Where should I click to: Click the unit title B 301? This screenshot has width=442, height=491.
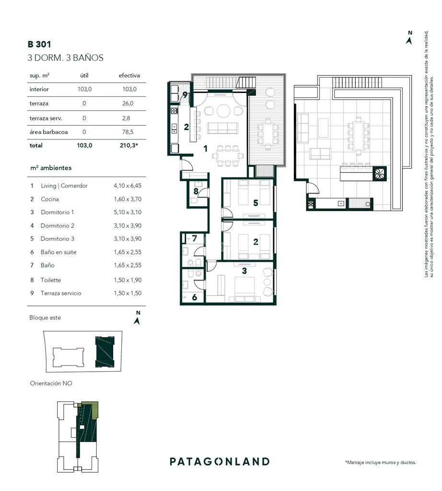pyautogui.click(x=39, y=44)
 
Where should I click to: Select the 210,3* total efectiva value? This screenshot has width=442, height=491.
pyautogui.click(x=129, y=145)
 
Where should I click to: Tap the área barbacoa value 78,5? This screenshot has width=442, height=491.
pyautogui.click(x=128, y=132)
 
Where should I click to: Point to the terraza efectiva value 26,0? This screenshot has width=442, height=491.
pyautogui.click(x=128, y=104)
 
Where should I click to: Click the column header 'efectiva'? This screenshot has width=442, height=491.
pyautogui.click(x=129, y=75)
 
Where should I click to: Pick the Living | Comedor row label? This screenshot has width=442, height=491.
pyautogui.click(x=64, y=186)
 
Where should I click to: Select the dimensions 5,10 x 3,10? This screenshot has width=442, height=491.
pyautogui.click(x=128, y=212)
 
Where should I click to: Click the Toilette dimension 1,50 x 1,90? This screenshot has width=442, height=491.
pyautogui.click(x=128, y=280)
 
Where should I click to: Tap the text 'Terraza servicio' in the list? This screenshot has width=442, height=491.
pyautogui.click(x=61, y=293)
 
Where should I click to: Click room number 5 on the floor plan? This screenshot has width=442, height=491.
pyautogui.click(x=256, y=203)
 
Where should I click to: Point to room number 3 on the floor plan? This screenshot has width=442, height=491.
pyautogui.click(x=244, y=271)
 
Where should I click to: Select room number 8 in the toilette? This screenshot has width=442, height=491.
pyautogui.click(x=196, y=191)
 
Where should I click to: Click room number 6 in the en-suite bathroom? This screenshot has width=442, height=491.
pyautogui.click(x=194, y=297)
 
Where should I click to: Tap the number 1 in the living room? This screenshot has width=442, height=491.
pyautogui.click(x=206, y=149)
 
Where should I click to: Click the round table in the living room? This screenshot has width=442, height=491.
pyautogui.click(x=223, y=111)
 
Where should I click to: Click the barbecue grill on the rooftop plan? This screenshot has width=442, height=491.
pyautogui.click(x=380, y=174)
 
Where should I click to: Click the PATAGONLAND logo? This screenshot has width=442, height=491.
pyautogui.click(x=220, y=461)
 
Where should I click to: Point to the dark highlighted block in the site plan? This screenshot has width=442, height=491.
pyautogui.click(x=105, y=352)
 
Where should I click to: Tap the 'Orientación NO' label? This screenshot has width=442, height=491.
pyautogui.click(x=51, y=383)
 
